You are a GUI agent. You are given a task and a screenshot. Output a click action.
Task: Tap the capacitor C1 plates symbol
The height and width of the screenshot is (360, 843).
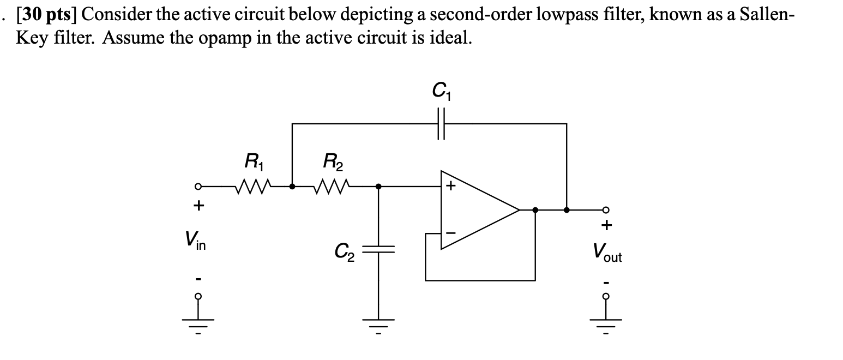[442, 124]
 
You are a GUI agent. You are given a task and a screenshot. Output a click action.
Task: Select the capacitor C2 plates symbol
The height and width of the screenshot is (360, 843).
[378, 249]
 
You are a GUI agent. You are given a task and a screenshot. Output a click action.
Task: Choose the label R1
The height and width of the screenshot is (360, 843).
[253, 161]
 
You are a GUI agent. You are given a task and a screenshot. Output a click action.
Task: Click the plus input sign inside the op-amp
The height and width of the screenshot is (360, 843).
[450, 187]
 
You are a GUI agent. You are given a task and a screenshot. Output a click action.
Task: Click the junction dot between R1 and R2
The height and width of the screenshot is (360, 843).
[292, 187]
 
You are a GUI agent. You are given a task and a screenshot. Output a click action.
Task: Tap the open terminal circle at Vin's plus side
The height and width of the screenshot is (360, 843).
[200, 187]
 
